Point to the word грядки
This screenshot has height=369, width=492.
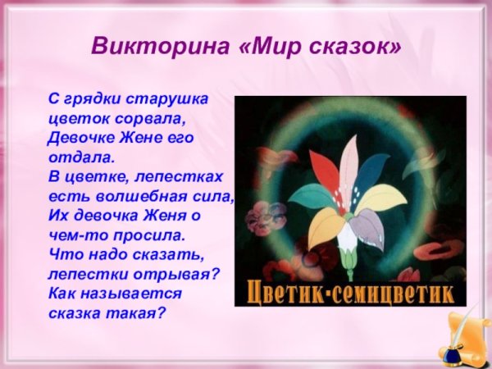click(x=92, y=98)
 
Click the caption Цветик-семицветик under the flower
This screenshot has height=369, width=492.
click(x=350, y=294)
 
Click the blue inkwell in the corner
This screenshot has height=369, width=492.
click(x=450, y=355)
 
